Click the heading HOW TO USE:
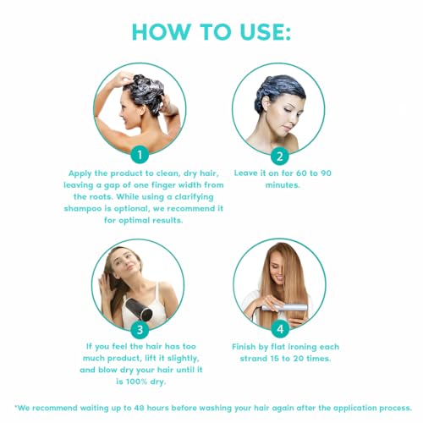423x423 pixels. point(211,32)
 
